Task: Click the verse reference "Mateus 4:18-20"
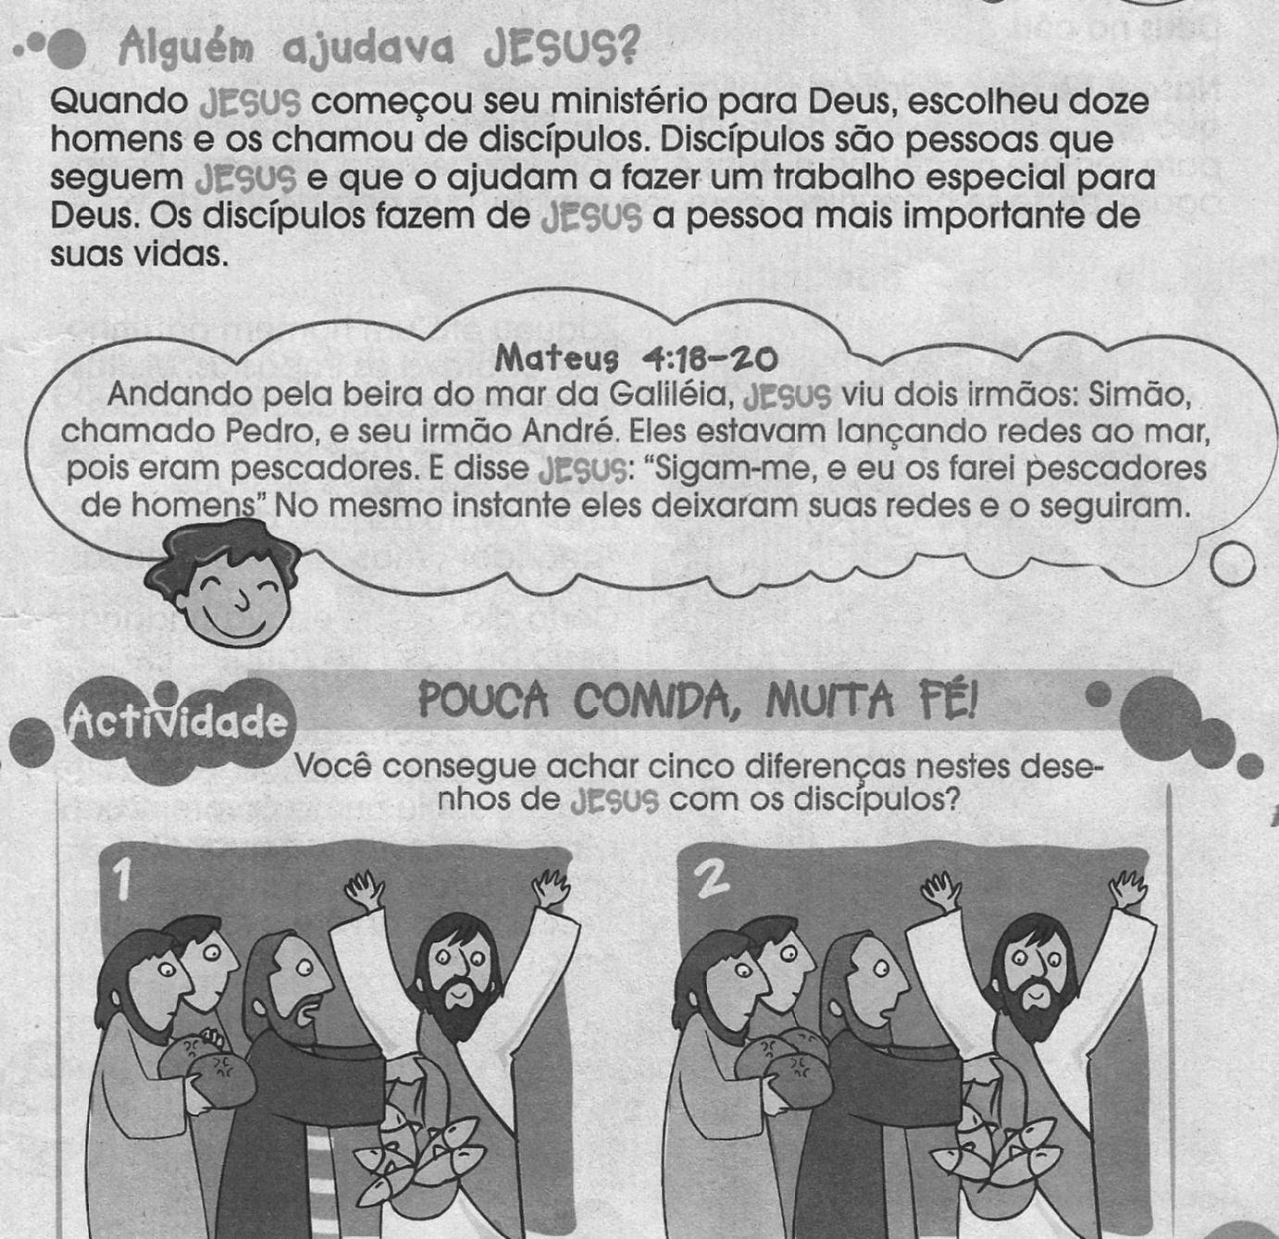pyautogui.click(x=636, y=359)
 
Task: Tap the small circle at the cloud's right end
pyautogui.click(x=1233, y=564)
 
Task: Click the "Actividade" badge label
pyautogui.click(x=176, y=721)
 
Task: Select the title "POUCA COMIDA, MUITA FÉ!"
pyautogui.click(x=698, y=701)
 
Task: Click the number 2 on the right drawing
pyautogui.click(x=711, y=879)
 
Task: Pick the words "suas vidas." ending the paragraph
pyautogui.click(x=139, y=254)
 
